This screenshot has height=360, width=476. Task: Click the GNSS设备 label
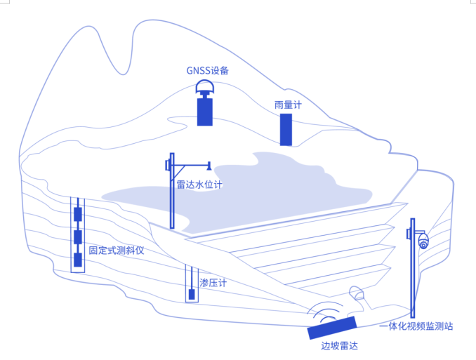(x=207, y=70)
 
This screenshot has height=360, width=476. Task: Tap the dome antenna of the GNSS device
(x=205, y=88)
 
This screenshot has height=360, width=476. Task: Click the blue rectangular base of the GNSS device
(x=205, y=112)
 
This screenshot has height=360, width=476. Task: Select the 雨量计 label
(x=287, y=105)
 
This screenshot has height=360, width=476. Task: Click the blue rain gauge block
(x=286, y=129)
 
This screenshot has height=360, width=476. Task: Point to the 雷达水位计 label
(x=199, y=185)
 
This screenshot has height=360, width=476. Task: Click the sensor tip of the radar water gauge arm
(x=209, y=166)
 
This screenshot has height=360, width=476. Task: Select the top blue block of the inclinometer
(x=78, y=214)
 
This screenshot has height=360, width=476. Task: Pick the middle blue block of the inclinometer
(x=78, y=236)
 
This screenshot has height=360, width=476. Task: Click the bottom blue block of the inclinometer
(x=78, y=260)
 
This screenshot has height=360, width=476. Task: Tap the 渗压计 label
(x=213, y=283)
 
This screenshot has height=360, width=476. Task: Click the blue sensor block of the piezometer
(x=192, y=294)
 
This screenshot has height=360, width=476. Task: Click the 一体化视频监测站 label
(x=416, y=326)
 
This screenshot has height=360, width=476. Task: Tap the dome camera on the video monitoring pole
(x=423, y=242)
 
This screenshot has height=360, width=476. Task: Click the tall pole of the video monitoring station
(x=412, y=281)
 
